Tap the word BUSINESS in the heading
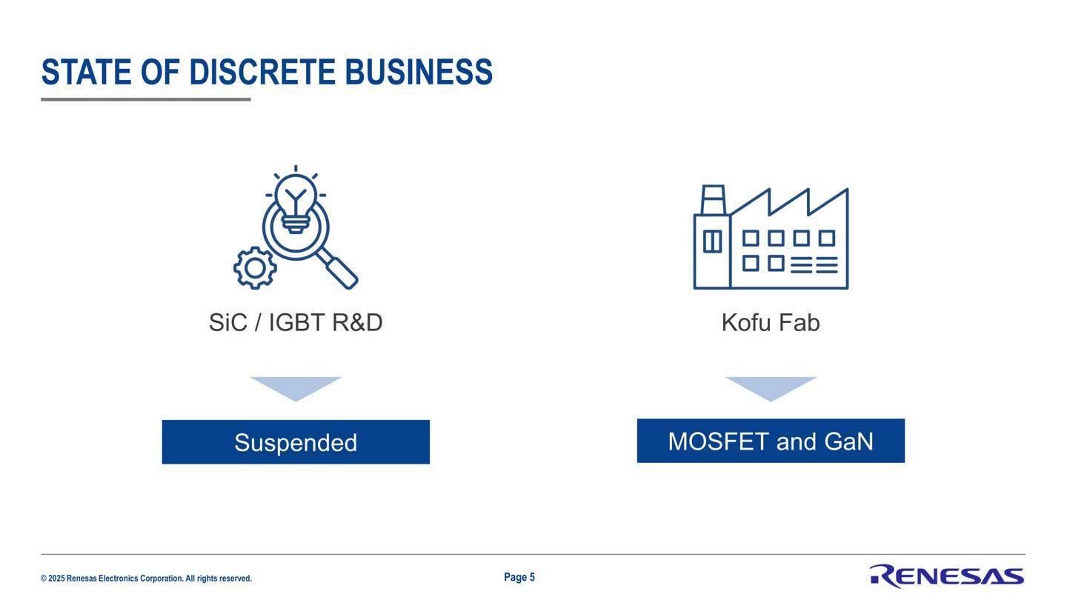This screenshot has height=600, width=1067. pyautogui.click(x=419, y=73)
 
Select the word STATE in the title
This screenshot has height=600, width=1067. pyautogui.click(x=86, y=73)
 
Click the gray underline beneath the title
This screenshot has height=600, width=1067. pyautogui.click(x=146, y=99)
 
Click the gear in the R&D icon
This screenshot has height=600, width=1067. pyautogui.click(x=255, y=268)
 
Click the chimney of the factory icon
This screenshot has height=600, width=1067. pyautogui.click(x=713, y=200)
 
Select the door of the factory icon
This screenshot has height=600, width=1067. pyautogui.click(x=713, y=241)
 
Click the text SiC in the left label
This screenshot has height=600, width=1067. pyautogui.click(x=228, y=322)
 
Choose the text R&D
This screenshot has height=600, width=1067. pyautogui.click(x=357, y=322)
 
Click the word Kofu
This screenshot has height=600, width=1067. pyautogui.click(x=746, y=322)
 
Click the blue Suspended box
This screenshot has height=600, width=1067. pyautogui.click(x=296, y=442)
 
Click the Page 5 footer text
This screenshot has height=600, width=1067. pyautogui.click(x=519, y=577)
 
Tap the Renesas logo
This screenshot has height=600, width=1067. pyautogui.click(x=947, y=576)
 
